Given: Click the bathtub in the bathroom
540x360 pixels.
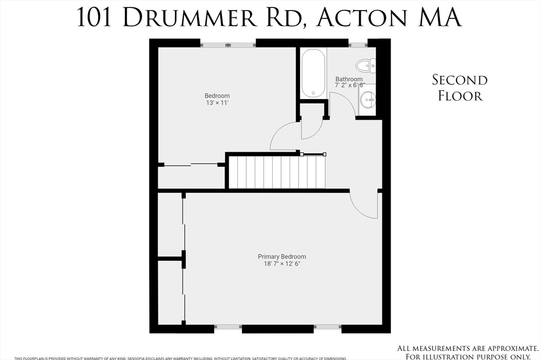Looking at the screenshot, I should [x=314, y=73].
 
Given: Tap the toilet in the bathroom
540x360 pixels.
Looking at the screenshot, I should [x=365, y=66].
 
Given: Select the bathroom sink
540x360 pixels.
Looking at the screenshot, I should [x=368, y=99].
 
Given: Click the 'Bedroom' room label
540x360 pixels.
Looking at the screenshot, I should [x=217, y=96].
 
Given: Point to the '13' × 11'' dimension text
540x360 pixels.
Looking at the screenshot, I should [x=217, y=103].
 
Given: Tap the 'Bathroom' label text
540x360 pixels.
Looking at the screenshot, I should [x=349, y=79].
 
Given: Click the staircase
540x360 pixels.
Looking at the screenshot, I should [x=277, y=171].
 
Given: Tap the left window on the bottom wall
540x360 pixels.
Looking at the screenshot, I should [x=228, y=327].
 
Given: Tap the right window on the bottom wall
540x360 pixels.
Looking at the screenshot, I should [x=327, y=327].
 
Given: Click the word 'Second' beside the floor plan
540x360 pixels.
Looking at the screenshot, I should [x=460, y=80].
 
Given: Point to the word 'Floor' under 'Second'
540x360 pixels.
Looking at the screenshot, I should [x=460, y=96].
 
